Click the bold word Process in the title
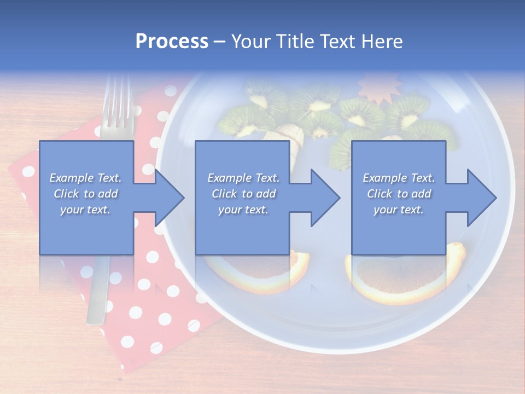172,42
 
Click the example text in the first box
86,194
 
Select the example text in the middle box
243,194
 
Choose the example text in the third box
399,194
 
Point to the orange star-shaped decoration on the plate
379,88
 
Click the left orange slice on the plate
257,274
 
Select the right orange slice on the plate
405,279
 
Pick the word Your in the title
249,42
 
